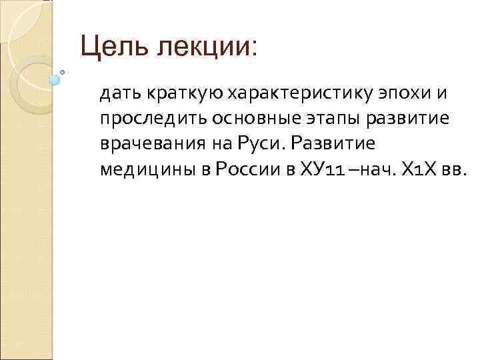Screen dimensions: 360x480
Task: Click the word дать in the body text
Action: [x=116, y=95]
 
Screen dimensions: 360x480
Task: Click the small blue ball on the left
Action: [x=55, y=80]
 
